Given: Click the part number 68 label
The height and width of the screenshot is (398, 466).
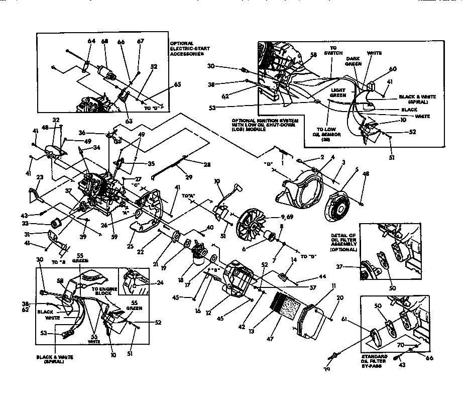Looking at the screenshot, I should [104, 41].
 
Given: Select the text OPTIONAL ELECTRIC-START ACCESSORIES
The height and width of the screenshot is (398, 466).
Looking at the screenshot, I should [187, 48].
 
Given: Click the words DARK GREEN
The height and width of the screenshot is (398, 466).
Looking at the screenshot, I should [354, 61].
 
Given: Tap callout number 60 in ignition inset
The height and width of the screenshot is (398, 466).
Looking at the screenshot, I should [393, 69].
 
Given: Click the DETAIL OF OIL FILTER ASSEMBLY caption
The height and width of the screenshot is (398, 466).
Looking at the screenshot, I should [344, 242].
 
